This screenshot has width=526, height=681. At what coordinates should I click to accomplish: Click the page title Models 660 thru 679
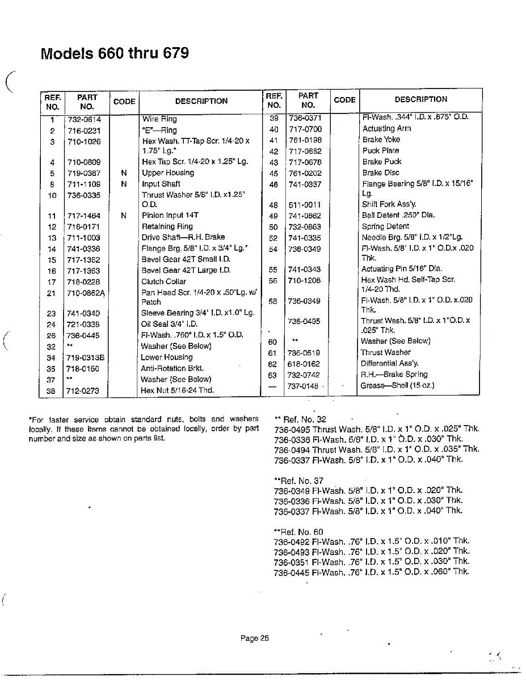pyautogui.click(x=115, y=53)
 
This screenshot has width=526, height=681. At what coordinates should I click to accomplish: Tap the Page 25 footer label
pyautogui.click(x=254, y=638)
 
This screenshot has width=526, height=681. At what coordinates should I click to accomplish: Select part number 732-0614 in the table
pyautogui.click(x=83, y=119)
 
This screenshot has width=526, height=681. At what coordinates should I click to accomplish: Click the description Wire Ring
pyautogui.click(x=159, y=119)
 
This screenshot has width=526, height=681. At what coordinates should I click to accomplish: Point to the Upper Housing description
pyautogui.click(x=168, y=173)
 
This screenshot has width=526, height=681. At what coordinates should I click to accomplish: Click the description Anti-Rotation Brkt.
pyautogui.click(x=172, y=368)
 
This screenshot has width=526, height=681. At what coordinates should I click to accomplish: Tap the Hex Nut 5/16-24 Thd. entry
pyautogui.click(x=177, y=390)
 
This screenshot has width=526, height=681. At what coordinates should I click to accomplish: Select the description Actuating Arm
pyautogui.click(x=387, y=128)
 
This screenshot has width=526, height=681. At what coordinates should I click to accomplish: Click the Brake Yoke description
pyautogui.click(x=381, y=139)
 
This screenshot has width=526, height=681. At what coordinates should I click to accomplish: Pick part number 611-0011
pyautogui.click(x=305, y=205)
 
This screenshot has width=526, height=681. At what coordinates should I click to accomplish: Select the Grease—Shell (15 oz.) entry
pyautogui.click(x=397, y=385)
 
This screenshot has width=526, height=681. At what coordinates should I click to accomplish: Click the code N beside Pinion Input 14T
pyautogui.click(x=124, y=216)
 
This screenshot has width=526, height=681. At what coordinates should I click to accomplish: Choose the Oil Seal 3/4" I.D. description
pyautogui.click(x=169, y=324)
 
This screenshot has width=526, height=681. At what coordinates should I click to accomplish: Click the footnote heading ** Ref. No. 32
pyautogui.click(x=300, y=419)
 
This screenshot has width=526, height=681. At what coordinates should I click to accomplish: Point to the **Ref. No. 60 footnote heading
pyautogui.click(x=299, y=532)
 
